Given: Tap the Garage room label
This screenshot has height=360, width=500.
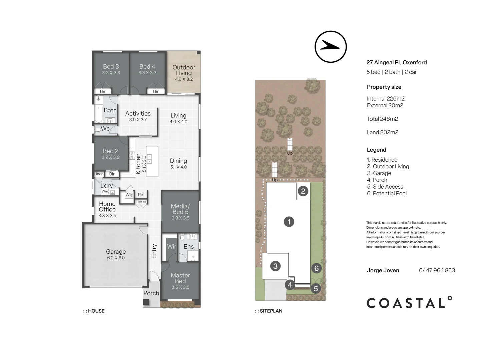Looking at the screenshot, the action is [x=116, y=252].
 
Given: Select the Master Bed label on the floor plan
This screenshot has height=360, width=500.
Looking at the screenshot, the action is [x=180, y=278].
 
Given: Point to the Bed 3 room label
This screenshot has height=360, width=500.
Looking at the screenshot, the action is [x=111, y=66].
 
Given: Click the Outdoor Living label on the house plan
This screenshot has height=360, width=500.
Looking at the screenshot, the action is [x=184, y=70].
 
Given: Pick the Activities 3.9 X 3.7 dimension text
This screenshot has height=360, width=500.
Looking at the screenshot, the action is [x=138, y=120].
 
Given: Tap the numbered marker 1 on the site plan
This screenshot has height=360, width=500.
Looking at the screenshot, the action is [x=289, y=222].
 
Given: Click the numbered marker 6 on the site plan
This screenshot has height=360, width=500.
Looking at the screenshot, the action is [x=316, y=268].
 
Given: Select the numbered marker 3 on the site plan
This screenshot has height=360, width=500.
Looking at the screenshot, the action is [x=275, y=266].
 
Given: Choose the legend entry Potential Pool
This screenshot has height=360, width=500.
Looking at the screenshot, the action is [x=387, y=193].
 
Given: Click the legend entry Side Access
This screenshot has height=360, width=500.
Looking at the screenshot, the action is [x=385, y=187].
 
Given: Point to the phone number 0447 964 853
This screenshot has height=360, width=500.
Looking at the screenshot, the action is [x=437, y=270].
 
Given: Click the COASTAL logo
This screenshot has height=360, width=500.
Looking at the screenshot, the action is [x=409, y=302].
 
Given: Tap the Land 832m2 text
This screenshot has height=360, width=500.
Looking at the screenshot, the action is [x=382, y=132].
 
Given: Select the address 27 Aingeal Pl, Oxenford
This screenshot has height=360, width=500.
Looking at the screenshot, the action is [x=397, y=62].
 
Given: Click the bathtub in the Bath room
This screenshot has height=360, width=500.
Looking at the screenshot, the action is [x=98, y=114].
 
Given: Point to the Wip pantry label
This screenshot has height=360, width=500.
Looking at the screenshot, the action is [x=129, y=194].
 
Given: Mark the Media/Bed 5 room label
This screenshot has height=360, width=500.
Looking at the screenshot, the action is [x=180, y=209].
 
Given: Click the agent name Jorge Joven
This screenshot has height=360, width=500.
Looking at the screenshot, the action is [x=383, y=271].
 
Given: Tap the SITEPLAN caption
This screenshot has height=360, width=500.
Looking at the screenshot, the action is [x=269, y=311].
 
